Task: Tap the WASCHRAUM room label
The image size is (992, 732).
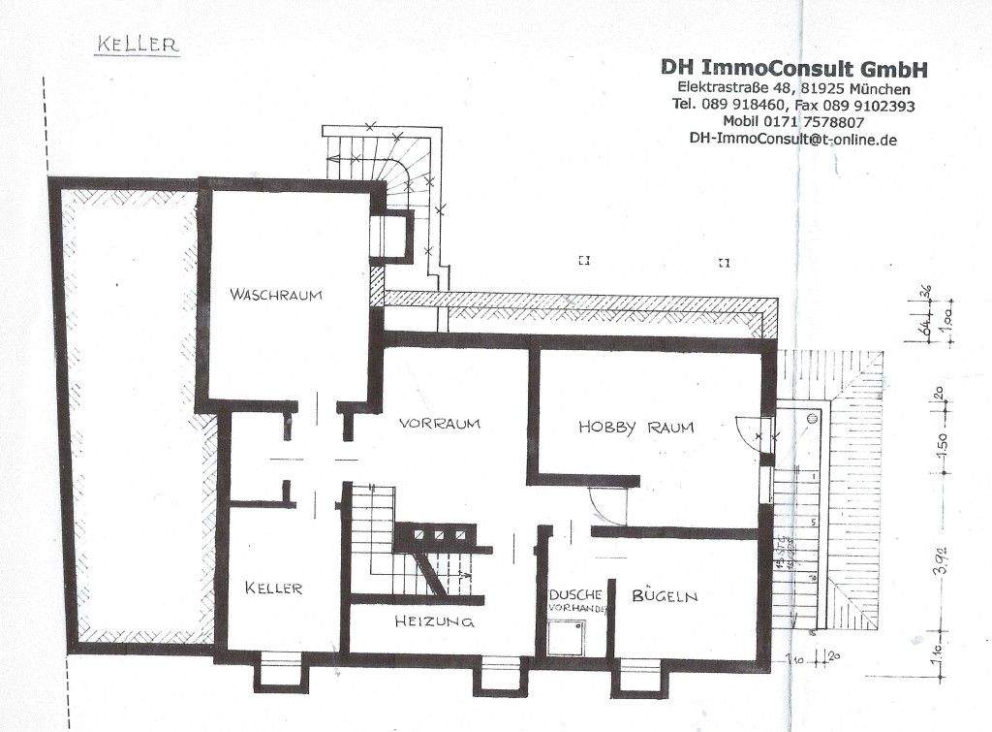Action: coord(275,295)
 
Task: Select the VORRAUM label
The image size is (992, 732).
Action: coord(440,424)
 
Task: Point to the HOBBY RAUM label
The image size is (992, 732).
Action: coord(636,427)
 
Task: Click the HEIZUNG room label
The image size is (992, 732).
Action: coord(434,621)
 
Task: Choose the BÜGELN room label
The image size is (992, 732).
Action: coord(665,595)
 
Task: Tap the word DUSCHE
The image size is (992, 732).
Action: coord(576,594)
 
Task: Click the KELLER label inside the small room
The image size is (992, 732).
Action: coord(274,589)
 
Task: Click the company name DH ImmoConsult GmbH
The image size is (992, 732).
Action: coord(794,68)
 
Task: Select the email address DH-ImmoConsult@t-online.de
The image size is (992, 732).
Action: coord(793,139)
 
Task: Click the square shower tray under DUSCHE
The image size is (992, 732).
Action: coord(567,636)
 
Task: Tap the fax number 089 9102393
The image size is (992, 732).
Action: coord(864,105)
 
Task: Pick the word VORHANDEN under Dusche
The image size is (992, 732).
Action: coord(578,608)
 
